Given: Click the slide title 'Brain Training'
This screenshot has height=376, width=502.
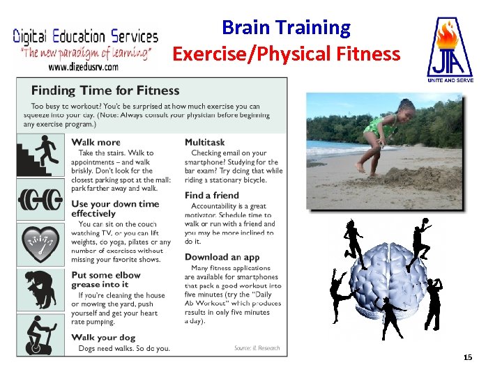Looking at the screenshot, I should [x=286, y=28].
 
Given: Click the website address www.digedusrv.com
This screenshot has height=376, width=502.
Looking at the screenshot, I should [x=83, y=67].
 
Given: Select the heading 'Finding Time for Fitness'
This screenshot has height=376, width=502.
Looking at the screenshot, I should [x=105, y=91].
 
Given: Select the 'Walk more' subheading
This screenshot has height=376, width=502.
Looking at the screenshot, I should [x=96, y=142].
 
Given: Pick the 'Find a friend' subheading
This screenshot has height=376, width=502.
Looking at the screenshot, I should [x=212, y=196].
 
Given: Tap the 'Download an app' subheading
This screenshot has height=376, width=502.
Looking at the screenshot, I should [x=222, y=257].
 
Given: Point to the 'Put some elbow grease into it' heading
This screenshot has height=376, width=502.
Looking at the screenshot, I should [x=105, y=279].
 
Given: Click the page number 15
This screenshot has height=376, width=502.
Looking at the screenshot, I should [x=468, y=357].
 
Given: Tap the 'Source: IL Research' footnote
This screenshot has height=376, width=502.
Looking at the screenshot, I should [x=257, y=348].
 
